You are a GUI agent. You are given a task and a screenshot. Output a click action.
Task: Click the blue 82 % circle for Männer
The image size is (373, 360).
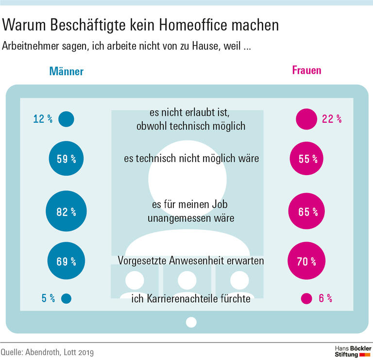(66, 212)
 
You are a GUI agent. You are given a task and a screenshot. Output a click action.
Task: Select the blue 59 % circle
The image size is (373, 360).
(66, 158)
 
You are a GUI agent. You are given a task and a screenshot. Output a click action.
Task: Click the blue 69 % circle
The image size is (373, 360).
(66, 262)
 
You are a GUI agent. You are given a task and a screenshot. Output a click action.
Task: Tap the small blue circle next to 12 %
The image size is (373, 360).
(66, 118)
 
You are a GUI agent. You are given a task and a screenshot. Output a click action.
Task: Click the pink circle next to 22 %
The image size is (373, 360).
(306, 118)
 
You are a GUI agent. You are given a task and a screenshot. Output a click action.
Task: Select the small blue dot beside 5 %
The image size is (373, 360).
(66, 299)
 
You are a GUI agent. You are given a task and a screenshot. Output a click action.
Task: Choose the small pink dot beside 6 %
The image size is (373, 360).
(306, 299)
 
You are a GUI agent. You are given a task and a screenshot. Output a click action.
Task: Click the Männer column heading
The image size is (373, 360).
(66, 71)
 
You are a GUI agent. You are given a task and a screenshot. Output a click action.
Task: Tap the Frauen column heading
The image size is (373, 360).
(306, 70)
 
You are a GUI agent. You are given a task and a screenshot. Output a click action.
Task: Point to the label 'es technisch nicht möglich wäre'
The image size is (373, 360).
(190, 158)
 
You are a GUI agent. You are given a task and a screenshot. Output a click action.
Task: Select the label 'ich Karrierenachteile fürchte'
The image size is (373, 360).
(191, 298)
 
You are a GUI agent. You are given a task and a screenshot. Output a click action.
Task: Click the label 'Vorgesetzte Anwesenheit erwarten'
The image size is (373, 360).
(191, 261)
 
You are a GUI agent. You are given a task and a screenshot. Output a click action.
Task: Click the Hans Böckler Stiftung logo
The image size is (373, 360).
(353, 351)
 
